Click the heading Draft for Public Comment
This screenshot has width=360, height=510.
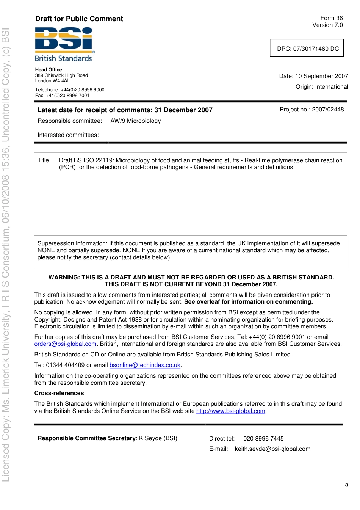(x=79, y=19)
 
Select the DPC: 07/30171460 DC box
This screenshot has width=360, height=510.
(x=307, y=49)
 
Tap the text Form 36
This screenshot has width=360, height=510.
(x=331, y=18)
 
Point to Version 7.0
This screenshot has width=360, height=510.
(x=327, y=25)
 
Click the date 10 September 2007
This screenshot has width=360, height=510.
(x=321, y=76)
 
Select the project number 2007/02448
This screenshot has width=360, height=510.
(x=328, y=110)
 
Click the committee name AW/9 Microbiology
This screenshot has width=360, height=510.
(x=136, y=121)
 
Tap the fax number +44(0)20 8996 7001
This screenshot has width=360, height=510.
(x=67, y=96)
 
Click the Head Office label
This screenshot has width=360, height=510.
(x=49, y=70)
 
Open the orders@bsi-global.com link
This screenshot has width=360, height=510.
(x=65, y=344)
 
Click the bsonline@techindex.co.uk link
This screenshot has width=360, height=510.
(x=145, y=365)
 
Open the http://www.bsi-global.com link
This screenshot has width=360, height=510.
(x=230, y=411)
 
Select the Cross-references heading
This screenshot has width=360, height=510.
(x=59, y=393)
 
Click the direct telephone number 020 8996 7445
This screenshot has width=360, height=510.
(x=263, y=439)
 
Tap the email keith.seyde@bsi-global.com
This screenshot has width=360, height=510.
(x=272, y=449)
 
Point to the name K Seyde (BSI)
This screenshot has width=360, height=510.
(x=158, y=438)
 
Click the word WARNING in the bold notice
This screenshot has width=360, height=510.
(x=64, y=278)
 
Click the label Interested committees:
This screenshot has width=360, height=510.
(x=68, y=135)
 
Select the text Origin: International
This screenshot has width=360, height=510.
(x=322, y=87)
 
